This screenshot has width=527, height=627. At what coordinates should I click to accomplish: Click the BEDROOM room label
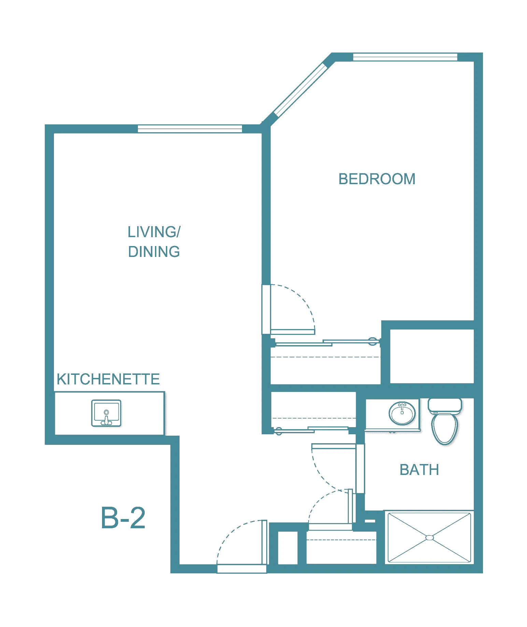[377, 179]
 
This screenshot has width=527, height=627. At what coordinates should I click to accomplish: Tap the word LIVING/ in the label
[154, 232]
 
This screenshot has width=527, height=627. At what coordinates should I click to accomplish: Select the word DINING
[154, 252]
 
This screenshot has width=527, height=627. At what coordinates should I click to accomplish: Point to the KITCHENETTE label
[108, 379]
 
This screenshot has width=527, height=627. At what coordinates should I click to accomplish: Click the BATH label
[419, 470]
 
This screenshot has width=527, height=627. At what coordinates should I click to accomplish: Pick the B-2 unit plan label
[123, 518]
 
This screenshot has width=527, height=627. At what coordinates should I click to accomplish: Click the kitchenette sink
[106, 413]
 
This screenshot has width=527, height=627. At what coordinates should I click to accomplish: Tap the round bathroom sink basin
[402, 413]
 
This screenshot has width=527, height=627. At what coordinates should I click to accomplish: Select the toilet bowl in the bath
[444, 428]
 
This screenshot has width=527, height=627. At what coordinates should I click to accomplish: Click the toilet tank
[445, 406]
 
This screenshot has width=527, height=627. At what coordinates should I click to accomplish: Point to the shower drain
[430, 538]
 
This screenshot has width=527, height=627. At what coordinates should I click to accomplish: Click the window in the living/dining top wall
[190, 129]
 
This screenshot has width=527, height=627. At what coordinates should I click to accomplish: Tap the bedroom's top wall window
[405, 57]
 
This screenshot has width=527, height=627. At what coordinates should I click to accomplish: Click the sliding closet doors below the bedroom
[326, 343]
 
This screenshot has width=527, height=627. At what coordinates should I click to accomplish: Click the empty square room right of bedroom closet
[432, 356]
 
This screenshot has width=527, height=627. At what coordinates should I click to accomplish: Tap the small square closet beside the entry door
[288, 548]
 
